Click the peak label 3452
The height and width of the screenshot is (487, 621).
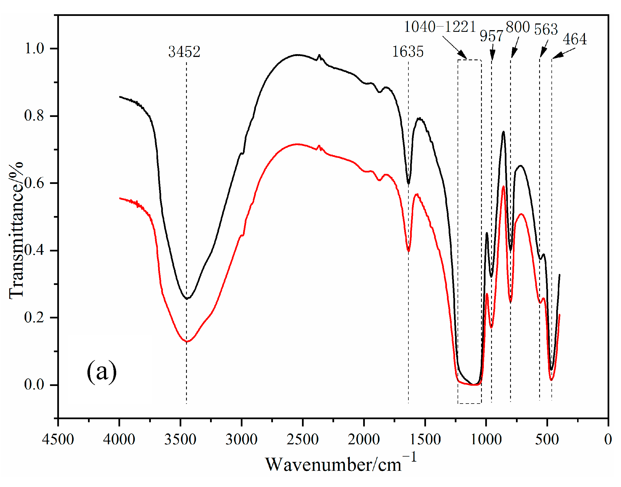[x=184, y=52]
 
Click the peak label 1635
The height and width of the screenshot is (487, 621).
[x=408, y=52]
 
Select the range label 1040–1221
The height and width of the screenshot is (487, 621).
[x=440, y=27]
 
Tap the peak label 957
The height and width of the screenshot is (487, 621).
[x=491, y=36]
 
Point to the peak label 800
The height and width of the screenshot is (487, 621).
[x=518, y=27]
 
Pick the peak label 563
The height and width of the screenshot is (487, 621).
[x=546, y=29]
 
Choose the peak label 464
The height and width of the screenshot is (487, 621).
[x=574, y=39]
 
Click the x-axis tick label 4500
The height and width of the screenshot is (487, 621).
[x=58, y=439]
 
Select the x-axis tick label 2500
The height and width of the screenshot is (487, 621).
[x=303, y=439]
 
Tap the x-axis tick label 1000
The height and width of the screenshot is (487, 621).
[x=486, y=439]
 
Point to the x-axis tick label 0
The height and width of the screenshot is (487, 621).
[x=608, y=439]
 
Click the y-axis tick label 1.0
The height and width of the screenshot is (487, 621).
[x=34, y=48]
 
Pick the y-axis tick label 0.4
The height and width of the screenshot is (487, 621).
[x=34, y=250]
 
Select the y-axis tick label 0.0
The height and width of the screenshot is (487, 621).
[x=34, y=385]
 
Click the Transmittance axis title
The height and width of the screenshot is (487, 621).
[x=16, y=231]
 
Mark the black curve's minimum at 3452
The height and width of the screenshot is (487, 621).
[x=187, y=299]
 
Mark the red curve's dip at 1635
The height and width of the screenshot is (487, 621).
[x=408, y=251]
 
